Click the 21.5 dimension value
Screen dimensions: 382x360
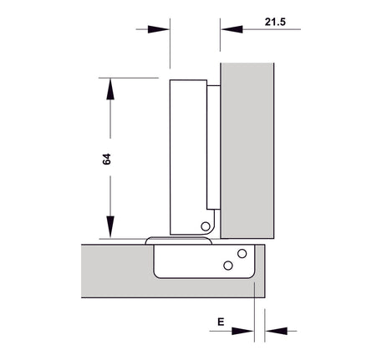coord(275,22)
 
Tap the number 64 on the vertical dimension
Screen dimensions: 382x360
coord(107,159)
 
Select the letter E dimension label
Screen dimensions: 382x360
coord(221,322)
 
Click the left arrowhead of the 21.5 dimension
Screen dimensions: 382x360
coord(159,29)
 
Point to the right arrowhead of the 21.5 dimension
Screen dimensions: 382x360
coord(232,29)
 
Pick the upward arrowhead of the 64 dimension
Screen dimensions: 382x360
coord(110,89)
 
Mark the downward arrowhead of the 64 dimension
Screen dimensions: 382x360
coord(110,227)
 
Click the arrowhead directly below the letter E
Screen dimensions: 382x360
coord(242,332)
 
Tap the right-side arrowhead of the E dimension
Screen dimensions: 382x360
coord(276,332)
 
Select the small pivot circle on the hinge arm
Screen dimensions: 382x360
coord(206,226)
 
